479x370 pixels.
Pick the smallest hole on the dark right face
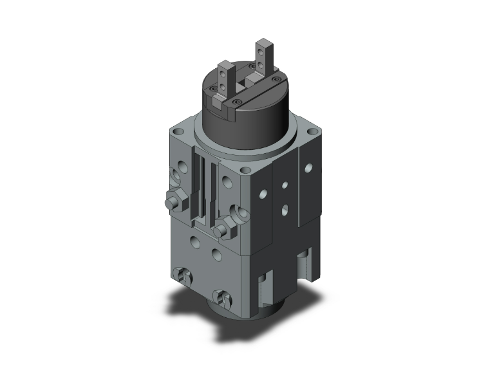coord(284,187)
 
